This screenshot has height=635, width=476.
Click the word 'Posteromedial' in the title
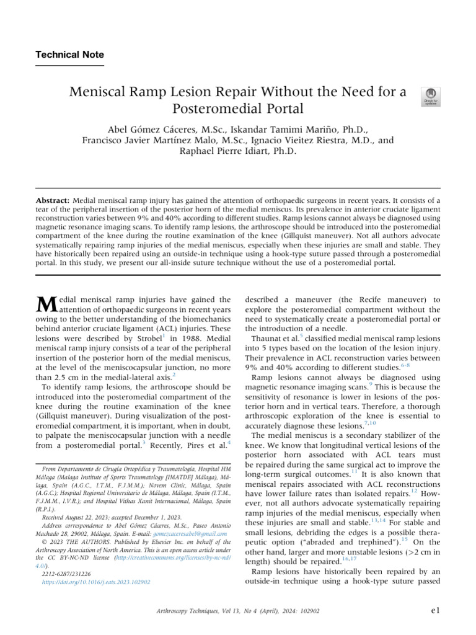[x=238, y=109]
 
